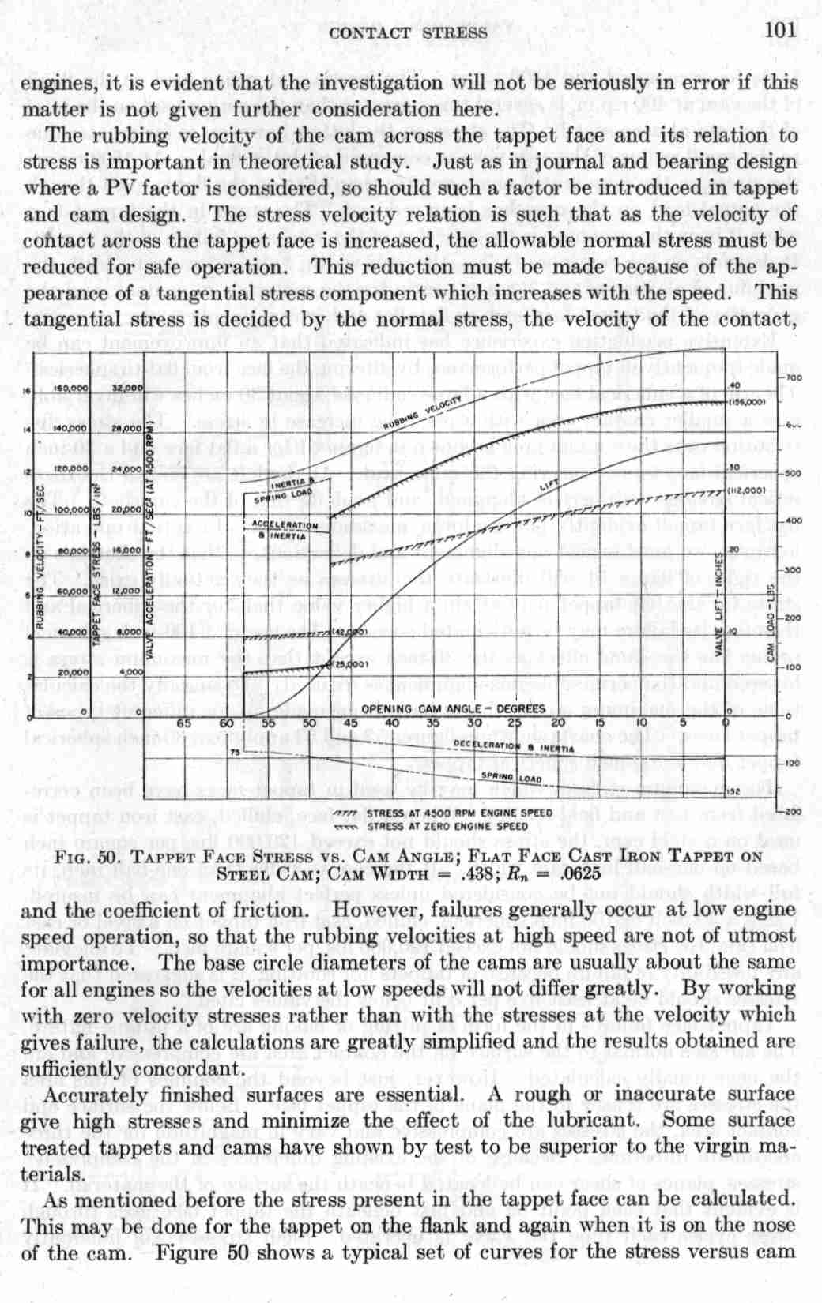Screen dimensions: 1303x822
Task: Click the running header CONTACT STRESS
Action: pyautogui.click(x=408, y=32)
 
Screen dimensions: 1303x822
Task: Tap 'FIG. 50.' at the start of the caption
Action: pyautogui.click(x=89, y=856)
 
